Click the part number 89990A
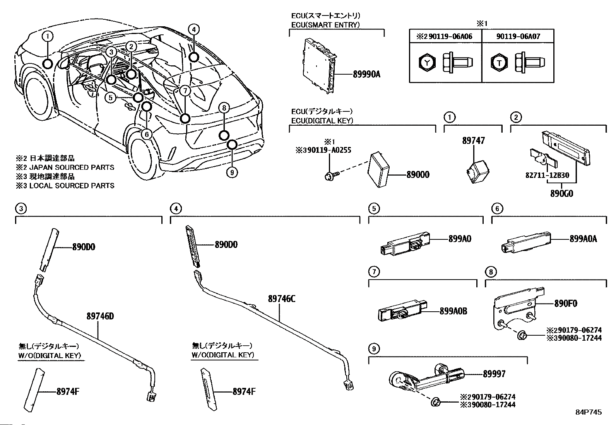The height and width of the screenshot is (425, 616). (x=366, y=74)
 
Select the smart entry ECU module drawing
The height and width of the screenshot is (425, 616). (x=320, y=65)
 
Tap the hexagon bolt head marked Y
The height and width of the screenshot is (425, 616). (x=427, y=63)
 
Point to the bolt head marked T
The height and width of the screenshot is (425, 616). (x=499, y=63)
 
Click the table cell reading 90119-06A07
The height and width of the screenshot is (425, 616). (x=518, y=36)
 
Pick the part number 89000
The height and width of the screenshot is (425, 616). (x=418, y=174)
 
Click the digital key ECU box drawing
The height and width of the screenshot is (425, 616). (x=379, y=170)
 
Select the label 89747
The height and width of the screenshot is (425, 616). (x=473, y=140)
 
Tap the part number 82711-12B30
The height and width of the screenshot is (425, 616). (x=547, y=175)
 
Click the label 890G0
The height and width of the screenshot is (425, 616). (x=561, y=193)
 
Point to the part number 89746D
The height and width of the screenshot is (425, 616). (x=100, y=316)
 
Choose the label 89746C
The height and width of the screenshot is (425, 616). (x=282, y=299)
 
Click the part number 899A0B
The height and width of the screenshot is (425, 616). (x=453, y=311)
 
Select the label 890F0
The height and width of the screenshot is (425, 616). (x=566, y=304)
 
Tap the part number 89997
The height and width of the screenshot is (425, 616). (x=494, y=374)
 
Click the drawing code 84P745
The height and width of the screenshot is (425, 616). (x=589, y=412)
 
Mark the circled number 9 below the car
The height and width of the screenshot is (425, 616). (x=232, y=172)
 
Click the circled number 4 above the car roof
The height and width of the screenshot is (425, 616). (x=194, y=29)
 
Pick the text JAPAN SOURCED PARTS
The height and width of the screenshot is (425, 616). (x=72, y=167)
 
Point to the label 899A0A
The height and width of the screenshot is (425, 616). (x=583, y=239)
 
